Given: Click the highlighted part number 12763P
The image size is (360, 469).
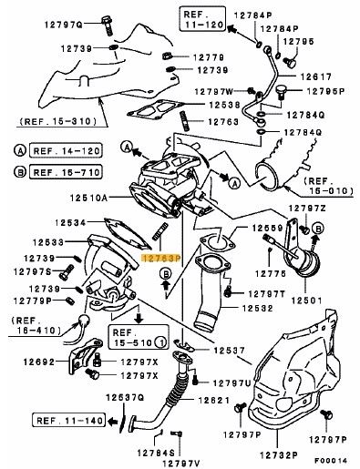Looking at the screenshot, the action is pyautogui.click(x=161, y=259).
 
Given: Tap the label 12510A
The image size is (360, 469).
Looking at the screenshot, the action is pyautogui.click(x=88, y=199).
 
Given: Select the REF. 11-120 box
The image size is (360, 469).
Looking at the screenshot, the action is pyautogui.click(x=202, y=19).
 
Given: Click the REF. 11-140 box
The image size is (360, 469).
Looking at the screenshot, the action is pyautogui.click(x=69, y=421).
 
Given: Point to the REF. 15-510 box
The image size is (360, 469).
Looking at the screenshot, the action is pyautogui.click(x=139, y=337).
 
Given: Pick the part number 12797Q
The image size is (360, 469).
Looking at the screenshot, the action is pyautogui.click(x=64, y=25).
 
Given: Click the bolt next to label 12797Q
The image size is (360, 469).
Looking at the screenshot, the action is pyautogui.click(x=107, y=25).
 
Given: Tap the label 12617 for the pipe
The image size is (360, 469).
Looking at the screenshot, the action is pyautogui.click(x=316, y=76).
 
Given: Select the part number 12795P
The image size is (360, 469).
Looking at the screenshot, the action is pyautogui.click(x=325, y=91).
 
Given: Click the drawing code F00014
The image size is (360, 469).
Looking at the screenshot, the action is pyautogui.click(x=331, y=461).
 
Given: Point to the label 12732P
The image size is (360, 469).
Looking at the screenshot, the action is pyautogui.click(x=279, y=455).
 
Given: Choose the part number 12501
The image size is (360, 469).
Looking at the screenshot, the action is pyautogui.click(x=306, y=301).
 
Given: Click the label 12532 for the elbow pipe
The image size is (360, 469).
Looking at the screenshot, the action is pyautogui.click(x=258, y=309).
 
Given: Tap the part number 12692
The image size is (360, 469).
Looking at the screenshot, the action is pyautogui.click(x=39, y=362).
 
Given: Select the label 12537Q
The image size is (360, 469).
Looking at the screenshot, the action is pyautogui.click(x=125, y=397).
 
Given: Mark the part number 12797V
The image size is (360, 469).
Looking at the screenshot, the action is pyautogui.click(x=181, y=464).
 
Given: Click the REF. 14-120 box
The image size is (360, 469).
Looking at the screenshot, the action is pyautogui.click(x=66, y=151).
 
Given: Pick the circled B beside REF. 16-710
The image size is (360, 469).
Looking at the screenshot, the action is pyautogui.click(x=20, y=172).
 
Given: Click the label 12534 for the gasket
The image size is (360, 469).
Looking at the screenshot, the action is pyautogui.click(x=70, y=222).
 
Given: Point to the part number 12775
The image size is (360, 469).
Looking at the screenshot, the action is pyautogui.click(x=271, y=274).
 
